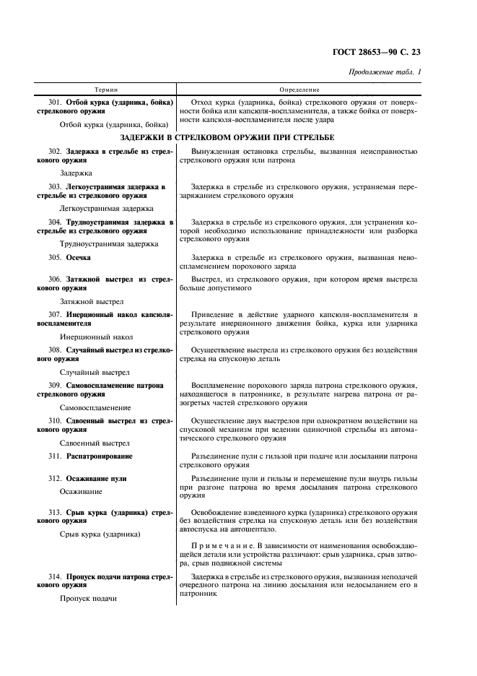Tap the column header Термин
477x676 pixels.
tap(105, 90)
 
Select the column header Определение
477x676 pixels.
tap(304, 90)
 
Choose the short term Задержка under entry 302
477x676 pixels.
tap(76, 173)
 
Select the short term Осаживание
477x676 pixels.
tap(82, 491)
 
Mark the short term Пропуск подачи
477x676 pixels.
tap(89, 598)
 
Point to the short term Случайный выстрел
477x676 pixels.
tap(95, 372)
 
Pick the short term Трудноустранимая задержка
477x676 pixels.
tap(109, 243)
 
